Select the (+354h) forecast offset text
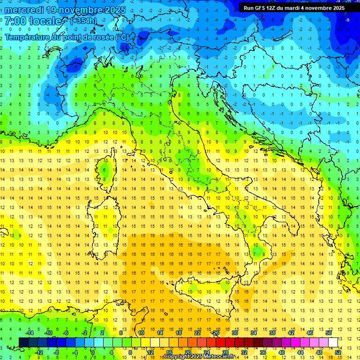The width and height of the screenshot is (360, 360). click(83, 21)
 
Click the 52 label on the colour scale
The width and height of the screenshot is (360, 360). click(338, 352)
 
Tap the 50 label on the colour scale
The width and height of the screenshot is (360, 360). click(329, 332)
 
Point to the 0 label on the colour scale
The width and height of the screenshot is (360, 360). click(93, 352)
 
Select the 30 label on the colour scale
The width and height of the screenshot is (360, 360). click(235, 332)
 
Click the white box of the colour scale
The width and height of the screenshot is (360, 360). click(333, 342)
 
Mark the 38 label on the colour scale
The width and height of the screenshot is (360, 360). click(272, 332)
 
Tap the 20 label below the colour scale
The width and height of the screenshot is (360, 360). click(187, 352)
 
